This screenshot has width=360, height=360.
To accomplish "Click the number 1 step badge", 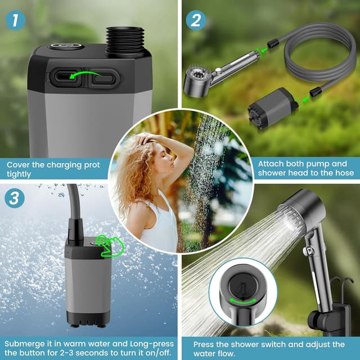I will pyautogui.click(x=16, y=20).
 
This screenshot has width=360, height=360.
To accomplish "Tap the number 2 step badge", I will pyautogui.click(x=196, y=20).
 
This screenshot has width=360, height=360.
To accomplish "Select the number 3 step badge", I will pyautogui.click(x=15, y=199).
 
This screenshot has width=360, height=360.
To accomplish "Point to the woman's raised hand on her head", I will pyautogui.click(x=148, y=138).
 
